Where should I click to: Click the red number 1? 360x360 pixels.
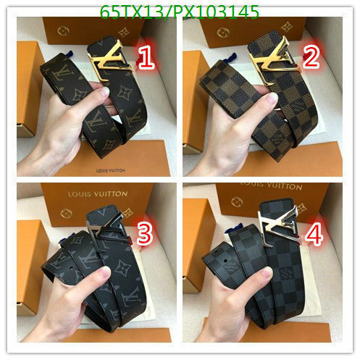pos(147,59)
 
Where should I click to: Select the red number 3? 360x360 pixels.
pos(145,233)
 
